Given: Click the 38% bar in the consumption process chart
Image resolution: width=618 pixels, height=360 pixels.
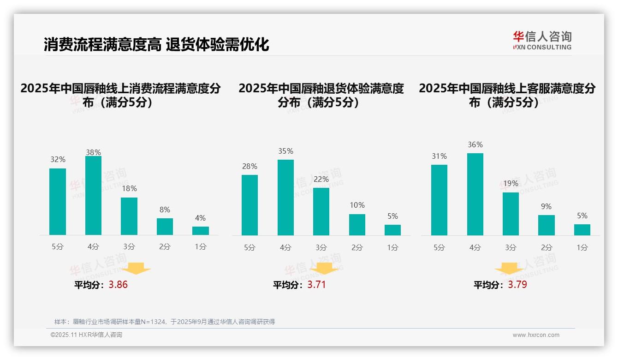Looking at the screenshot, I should point(93,196).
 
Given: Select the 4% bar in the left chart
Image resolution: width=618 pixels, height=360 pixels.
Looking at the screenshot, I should point(201,231).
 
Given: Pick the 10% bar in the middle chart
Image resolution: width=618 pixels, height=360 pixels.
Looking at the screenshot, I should point(357,225).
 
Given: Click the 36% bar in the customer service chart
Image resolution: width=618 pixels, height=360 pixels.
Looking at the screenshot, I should point(475,194).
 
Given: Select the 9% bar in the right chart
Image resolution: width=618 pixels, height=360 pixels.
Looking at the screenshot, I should point(547,225).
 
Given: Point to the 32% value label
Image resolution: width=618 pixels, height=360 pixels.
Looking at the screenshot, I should point(58,160).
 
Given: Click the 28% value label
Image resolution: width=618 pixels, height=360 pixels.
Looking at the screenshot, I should point(250,167).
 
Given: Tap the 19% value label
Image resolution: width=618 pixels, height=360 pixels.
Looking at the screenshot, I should point(511,184).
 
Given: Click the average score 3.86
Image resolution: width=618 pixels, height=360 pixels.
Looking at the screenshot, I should point(118,285).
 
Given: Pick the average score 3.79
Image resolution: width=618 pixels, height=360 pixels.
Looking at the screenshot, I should point(517,285).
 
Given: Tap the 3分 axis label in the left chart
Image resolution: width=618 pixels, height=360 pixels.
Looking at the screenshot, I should point(129,247).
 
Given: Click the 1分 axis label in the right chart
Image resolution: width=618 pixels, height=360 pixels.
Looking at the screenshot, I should point(582,248).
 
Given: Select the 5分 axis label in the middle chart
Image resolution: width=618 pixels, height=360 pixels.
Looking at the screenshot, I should point(250,248).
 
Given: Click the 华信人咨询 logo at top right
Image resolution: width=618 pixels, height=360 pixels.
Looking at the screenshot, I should point(542,40).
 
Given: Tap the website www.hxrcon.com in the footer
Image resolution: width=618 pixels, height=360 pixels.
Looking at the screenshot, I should point(535,335).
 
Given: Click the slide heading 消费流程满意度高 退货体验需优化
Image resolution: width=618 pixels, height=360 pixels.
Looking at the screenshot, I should point(156,45).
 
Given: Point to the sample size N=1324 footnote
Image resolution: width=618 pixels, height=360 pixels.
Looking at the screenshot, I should point(164,322).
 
